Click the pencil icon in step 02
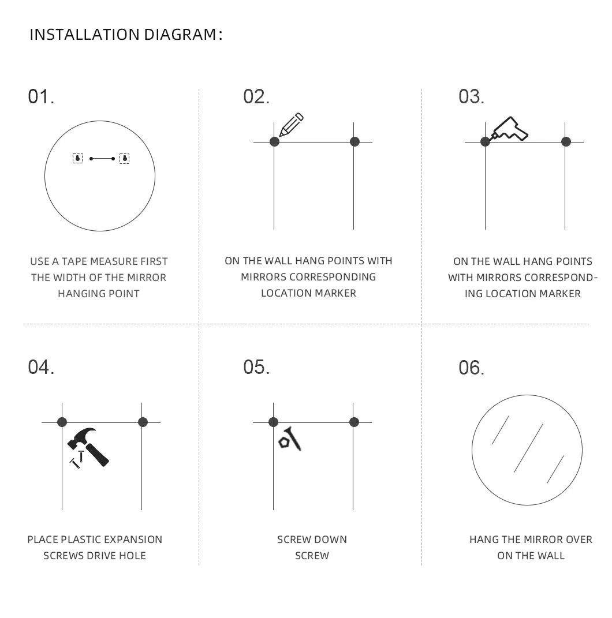[x=291, y=125]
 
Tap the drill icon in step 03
[x=509, y=130]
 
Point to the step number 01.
[x=41, y=96]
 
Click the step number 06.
[x=471, y=368]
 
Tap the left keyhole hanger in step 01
[x=78, y=158]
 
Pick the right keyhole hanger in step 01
[x=124, y=158]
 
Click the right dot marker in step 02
[x=354, y=142]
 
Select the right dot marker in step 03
[x=566, y=142]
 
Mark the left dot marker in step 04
[x=62, y=422]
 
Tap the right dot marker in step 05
[x=354, y=422]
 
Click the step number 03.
[x=471, y=96]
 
